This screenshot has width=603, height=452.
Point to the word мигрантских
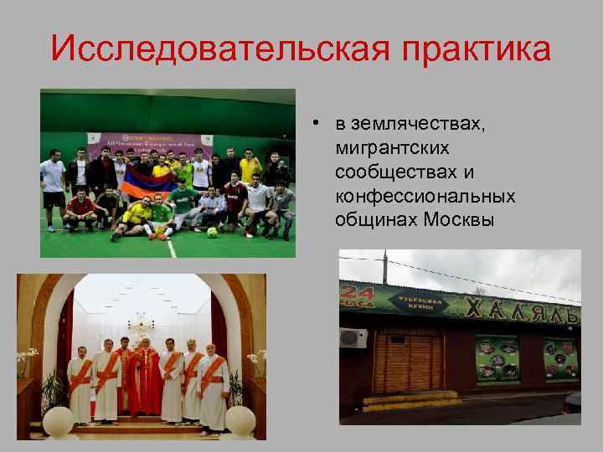coord(391,149)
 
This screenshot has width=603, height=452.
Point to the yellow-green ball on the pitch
coord(212,232)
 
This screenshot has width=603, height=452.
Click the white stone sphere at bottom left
coord(58,419)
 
